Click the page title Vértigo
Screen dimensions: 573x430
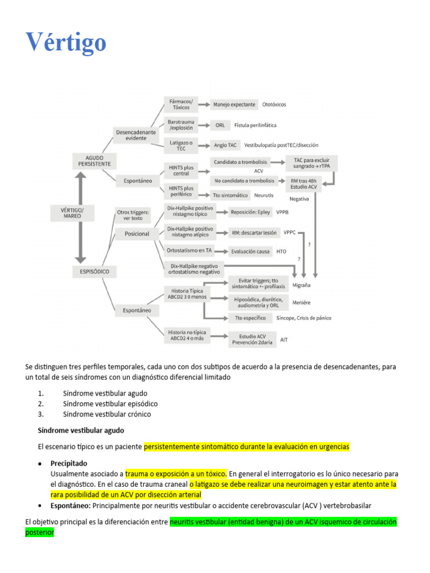click(x=66, y=43)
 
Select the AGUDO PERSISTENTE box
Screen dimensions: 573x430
click(x=94, y=161)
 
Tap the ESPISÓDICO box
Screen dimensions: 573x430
click(x=94, y=272)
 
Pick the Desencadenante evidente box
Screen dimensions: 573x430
click(x=136, y=135)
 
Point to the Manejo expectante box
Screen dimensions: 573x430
click(x=234, y=105)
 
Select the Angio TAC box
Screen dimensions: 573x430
click(x=225, y=145)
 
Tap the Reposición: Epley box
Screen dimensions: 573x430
click(x=250, y=213)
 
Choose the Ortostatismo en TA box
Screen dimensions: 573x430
click(x=189, y=250)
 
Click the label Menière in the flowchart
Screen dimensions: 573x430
click(x=301, y=303)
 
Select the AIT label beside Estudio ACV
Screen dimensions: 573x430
click(x=284, y=340)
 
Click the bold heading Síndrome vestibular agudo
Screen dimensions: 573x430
click(x=81, y=430)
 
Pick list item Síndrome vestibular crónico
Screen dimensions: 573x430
click(x=107, y=414)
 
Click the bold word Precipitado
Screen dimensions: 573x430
click(x=69, y=463)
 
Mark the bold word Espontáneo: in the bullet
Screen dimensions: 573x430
click(x=70, y=505)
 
